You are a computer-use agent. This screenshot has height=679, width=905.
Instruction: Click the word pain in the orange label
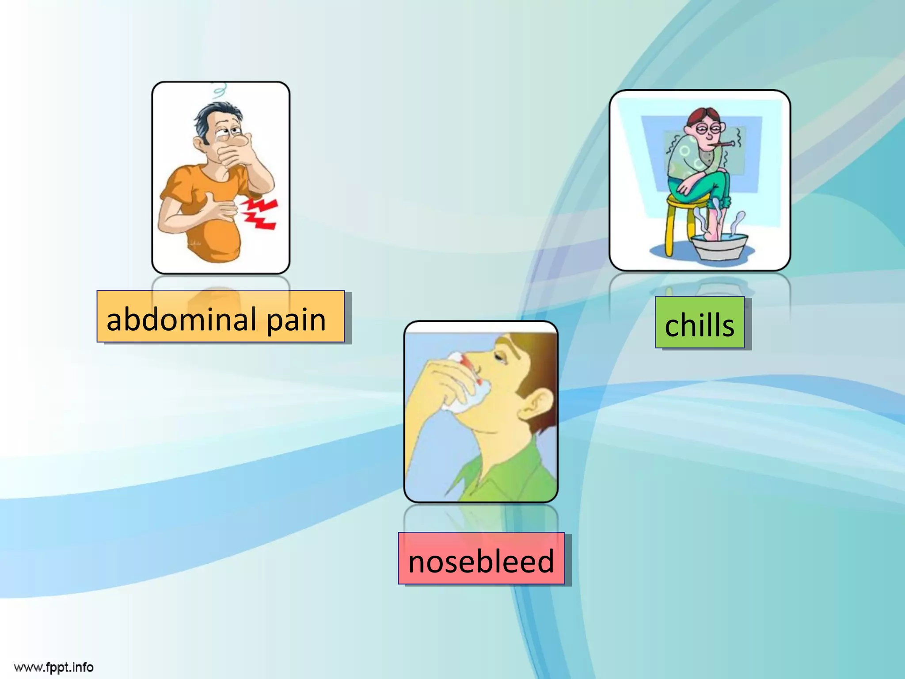296,320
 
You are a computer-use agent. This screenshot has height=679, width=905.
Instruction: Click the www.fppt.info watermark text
53,667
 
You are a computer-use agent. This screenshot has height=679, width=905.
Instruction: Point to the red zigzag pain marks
261,213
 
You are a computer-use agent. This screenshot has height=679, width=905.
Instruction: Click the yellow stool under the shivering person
676,221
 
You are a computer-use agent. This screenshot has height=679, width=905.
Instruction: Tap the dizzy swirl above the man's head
218,90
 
